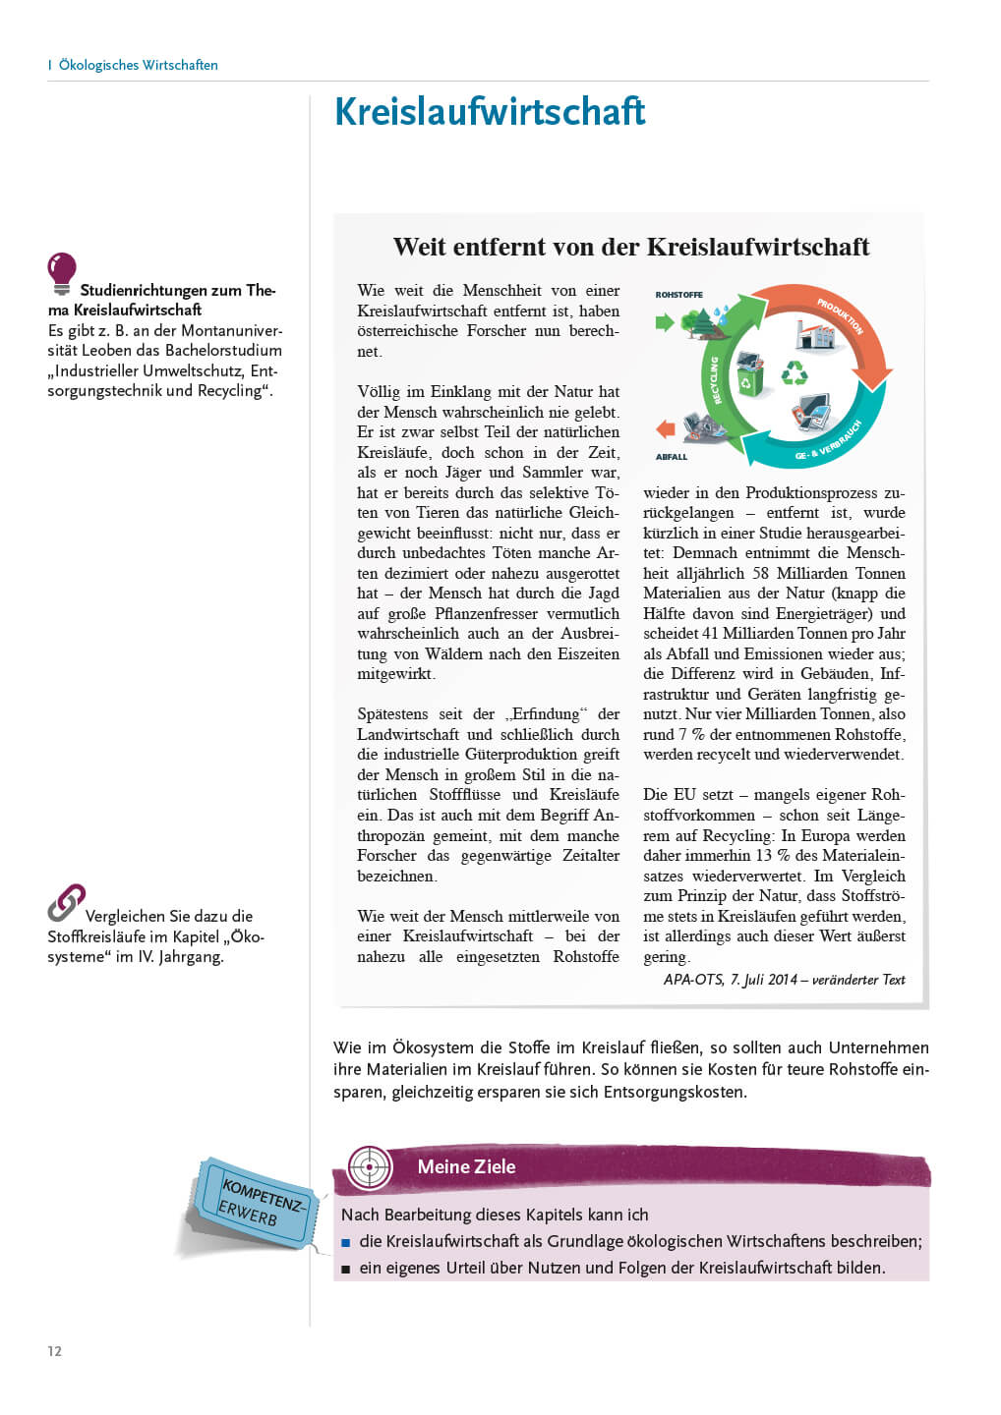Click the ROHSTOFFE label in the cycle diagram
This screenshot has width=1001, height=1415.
coord(678,295)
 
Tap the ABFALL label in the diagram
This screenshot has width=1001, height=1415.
coord(672,457)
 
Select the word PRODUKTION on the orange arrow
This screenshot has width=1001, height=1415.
coord(840,316)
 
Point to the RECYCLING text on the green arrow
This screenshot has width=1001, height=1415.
coord(715,379)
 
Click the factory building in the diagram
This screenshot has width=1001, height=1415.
coord(815,334)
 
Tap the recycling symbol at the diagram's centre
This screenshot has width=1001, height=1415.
coord(794,372)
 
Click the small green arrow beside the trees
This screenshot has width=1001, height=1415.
coord(664,321)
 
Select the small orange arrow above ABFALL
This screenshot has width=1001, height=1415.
coord(665,429)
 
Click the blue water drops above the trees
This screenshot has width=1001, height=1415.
coord(723,313)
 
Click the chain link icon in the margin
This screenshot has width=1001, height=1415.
coord(66,902)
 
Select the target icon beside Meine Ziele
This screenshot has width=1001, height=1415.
coord(371,1167)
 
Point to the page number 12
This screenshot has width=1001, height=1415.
coord(54,1351)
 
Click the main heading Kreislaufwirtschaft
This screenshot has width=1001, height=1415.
coord(490,112)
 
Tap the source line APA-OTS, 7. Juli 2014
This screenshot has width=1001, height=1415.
coord(784,980)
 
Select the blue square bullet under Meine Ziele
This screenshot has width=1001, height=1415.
coord(346,1243)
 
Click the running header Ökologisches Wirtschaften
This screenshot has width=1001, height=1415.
coord(138,65)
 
